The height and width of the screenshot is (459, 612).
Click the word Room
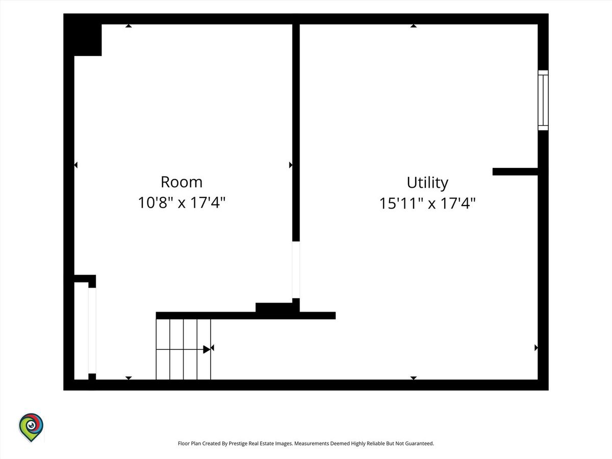[182, 182]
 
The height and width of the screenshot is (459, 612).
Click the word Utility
[427, 183]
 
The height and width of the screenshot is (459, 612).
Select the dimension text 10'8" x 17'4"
[182, 202]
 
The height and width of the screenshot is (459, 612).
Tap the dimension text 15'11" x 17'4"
[427, 203]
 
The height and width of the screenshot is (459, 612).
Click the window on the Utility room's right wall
[543, 100]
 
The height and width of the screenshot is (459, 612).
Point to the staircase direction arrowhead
[207, 349]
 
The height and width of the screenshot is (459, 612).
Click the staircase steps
[183, 349]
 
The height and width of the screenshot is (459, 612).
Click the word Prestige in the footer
[238, 443]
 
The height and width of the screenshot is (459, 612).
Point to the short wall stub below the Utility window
[515, 172]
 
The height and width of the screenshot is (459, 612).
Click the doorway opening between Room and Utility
[296, 270]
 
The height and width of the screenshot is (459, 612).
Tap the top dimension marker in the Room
[129, 26]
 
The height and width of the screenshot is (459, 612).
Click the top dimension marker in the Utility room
[414, 26]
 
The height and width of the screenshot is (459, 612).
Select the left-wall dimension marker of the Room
[76, 165]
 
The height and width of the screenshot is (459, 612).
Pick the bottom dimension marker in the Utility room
[414, 378]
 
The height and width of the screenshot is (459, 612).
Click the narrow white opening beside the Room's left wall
[92, 330]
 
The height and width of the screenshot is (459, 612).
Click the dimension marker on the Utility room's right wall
[536, 347]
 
